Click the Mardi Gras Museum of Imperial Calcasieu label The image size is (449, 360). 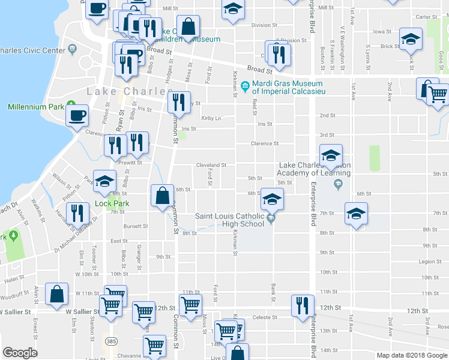coord(287,88)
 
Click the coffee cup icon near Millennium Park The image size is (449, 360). coord(76,115)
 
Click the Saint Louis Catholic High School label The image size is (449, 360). coord(231,220)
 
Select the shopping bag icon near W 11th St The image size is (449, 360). coord(56,295)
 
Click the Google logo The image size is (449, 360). coord(20,352)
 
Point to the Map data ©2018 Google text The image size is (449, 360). coord(411,355)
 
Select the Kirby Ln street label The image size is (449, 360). coord(211,118)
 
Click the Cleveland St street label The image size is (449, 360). coord(211,165)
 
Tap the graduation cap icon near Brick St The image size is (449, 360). coord(411,39)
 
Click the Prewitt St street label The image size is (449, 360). coord(129,163)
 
